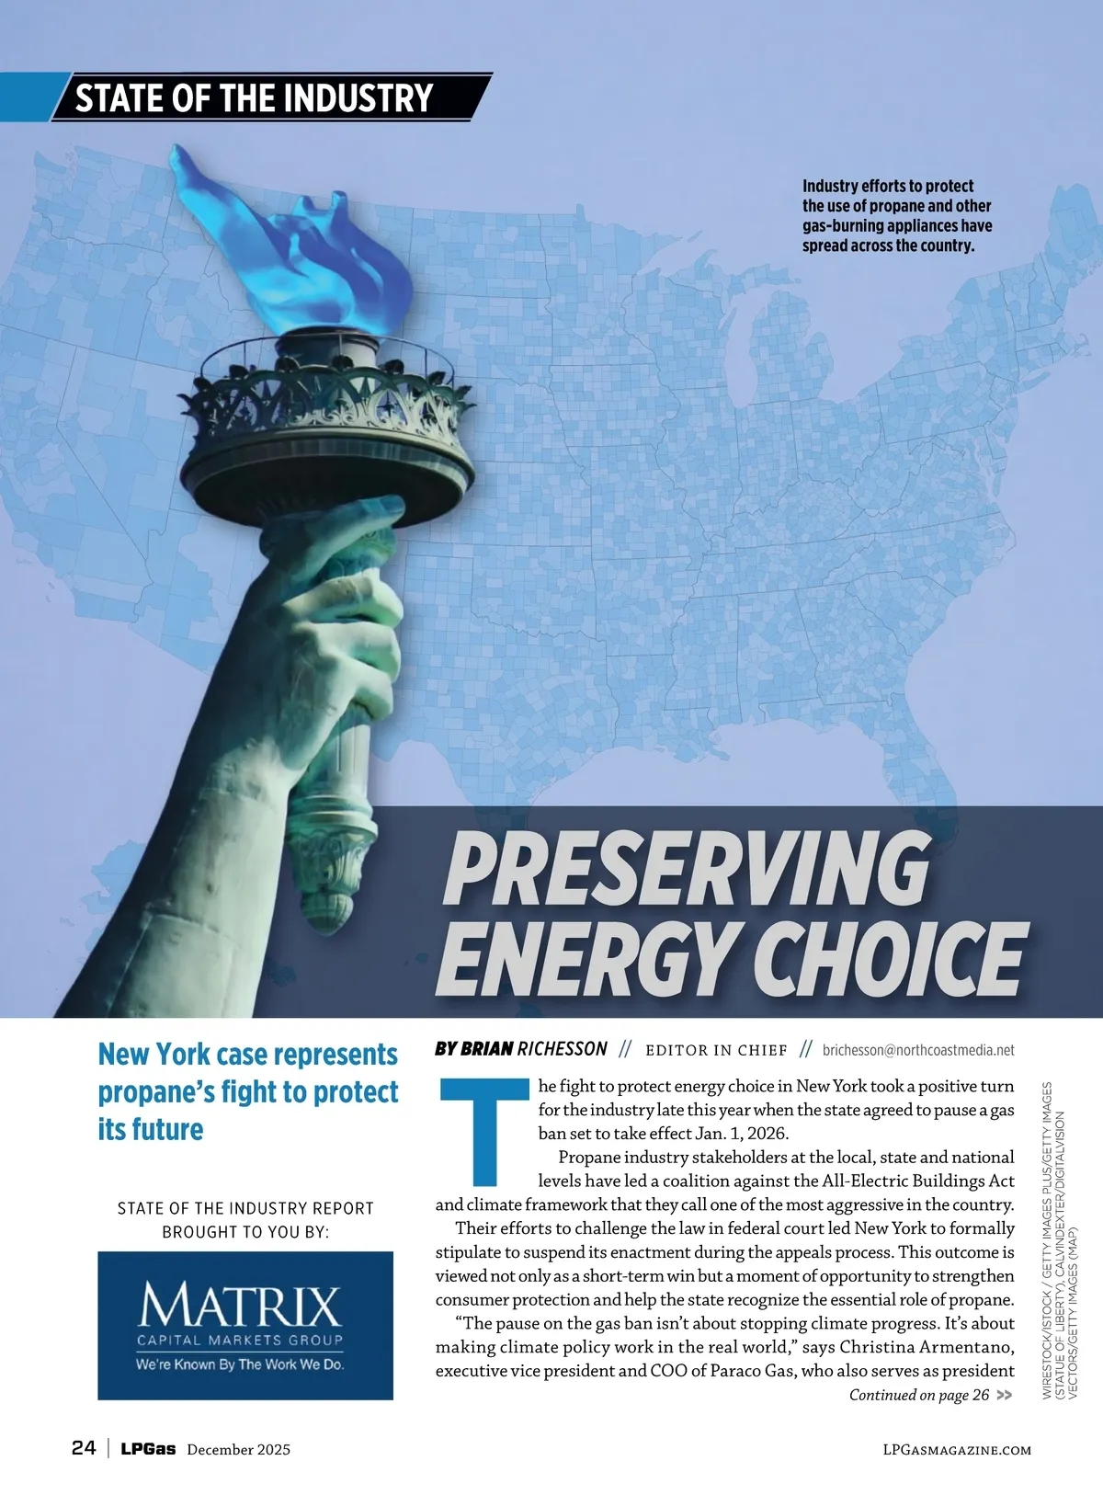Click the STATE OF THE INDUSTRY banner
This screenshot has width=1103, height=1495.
254,97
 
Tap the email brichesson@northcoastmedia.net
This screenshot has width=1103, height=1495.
918,1050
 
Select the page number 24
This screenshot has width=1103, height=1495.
84,1448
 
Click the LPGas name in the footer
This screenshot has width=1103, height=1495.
148,1449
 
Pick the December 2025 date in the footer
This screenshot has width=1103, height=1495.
238,1450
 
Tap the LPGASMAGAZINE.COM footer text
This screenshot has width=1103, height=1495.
956,1450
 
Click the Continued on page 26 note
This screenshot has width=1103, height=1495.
919,1395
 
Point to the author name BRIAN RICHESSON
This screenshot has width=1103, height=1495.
521,1049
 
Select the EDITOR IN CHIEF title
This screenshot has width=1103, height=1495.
716,1050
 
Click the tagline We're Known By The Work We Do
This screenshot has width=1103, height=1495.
241,1364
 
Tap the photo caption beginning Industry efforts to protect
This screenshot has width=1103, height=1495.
896,216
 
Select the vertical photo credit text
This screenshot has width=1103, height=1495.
1059,1241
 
